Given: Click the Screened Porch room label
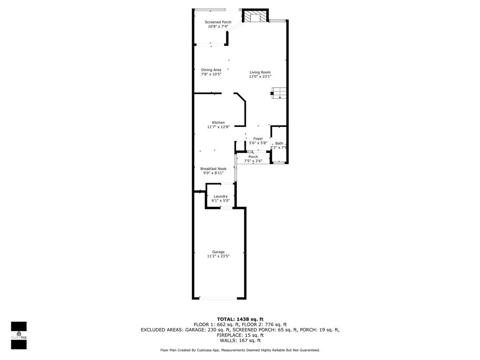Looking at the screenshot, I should (x=218, y=22).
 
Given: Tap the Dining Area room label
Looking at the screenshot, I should (x=211, y=70).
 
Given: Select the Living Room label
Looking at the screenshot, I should (x=260, y=72).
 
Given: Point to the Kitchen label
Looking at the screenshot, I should (x=218, y=122).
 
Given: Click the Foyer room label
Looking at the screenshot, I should (x=258, y=139).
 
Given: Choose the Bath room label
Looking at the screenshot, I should (x=279, y=143).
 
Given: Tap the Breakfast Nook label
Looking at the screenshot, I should (x=213, y=169).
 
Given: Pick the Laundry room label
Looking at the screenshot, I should (x=220, y=196).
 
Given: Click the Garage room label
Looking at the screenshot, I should (x=218, y=252).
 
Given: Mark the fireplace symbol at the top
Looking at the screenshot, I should (x=255, y=16).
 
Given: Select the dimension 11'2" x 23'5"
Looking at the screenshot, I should (x=218, y=256).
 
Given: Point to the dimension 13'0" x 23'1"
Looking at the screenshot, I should (x=260, y=77).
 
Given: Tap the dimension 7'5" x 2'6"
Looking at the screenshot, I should (x=253, y=161).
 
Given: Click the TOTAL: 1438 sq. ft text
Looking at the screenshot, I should (x=240, y=319).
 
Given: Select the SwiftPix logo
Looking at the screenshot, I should (x=19, y=335).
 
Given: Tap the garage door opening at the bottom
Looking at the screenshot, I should (x=218, y=298).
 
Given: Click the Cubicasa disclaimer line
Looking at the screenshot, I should (x=240, y=350).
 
